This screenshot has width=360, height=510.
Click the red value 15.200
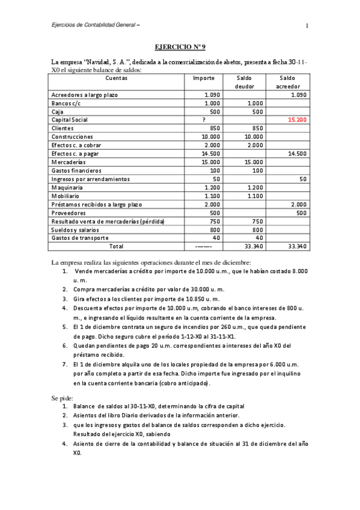click(297, 120)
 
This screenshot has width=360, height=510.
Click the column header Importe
click(204, 78)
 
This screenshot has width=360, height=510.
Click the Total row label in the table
click(116, 246)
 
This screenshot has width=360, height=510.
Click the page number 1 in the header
click(307, 25)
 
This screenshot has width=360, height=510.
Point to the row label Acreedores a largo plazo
click(85, 95)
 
